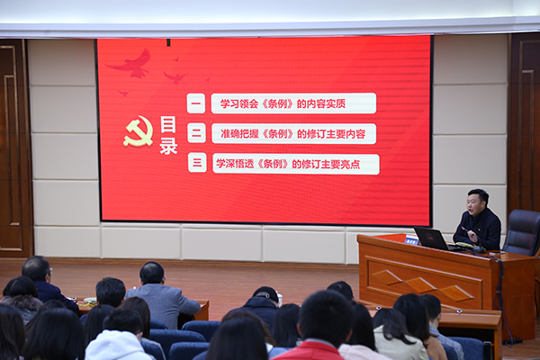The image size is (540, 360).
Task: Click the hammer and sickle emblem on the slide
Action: (x=139, y=131)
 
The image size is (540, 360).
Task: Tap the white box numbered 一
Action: (x=196, y=103)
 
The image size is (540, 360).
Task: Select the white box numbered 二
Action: (x=196, y=133)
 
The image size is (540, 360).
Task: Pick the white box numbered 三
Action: (x=197, y=163)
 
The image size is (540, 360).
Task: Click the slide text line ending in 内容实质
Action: (x=283, y=103)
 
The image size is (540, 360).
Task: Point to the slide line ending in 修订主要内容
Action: (x=292, y=134)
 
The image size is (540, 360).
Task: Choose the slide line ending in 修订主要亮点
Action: (x=288, y=164)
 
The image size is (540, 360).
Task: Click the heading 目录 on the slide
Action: (x=168, y=135)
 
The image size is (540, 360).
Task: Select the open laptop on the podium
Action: (x=432, y=238)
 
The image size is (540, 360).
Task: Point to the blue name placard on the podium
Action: (x=411, y=240)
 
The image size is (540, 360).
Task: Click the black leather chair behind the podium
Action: (x=522, y=232)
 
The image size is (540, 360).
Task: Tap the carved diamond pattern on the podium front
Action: (x=423, y=285)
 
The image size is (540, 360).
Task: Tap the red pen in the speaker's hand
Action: (x=466, y=230)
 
